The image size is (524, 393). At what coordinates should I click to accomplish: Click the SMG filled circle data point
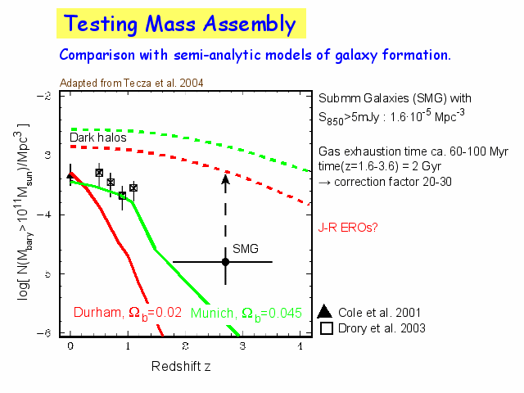[x=225, y=261]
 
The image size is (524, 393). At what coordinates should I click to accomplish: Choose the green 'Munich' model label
[x=246, y=312]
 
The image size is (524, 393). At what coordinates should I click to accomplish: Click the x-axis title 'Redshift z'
[x=181, y=365]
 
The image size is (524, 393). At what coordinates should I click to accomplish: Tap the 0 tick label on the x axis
[x=70, y=347]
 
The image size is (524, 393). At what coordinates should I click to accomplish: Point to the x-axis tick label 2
[x=186, y=347]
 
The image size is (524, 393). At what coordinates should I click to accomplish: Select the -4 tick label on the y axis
[x=48, y=214]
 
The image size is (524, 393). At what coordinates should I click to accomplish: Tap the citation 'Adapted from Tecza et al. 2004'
[x=132, y=83]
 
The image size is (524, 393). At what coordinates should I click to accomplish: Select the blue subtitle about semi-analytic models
[x=255, y=56]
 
